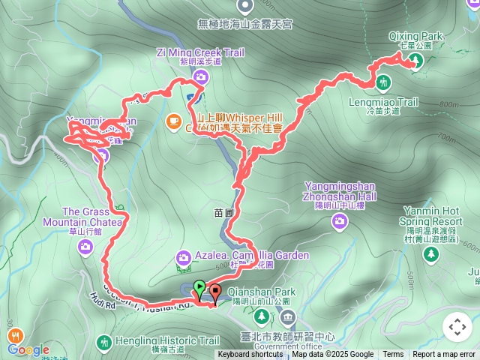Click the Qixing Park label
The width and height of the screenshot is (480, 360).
(x=416, y=35)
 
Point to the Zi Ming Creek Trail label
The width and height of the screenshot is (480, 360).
(x=200, y=52)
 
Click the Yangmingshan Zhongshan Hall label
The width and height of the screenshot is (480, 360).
(x=341, y=190)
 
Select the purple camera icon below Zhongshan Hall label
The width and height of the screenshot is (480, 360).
(x=340, y=220)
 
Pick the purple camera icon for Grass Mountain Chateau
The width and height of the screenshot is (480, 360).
(x=86, y=245)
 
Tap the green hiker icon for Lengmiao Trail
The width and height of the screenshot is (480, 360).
(x=383, y=81)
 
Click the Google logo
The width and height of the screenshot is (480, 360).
(x=28, y=349)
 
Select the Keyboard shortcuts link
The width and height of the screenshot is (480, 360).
(x=250, y=355)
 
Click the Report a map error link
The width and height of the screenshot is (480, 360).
(x=444, y=355)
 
